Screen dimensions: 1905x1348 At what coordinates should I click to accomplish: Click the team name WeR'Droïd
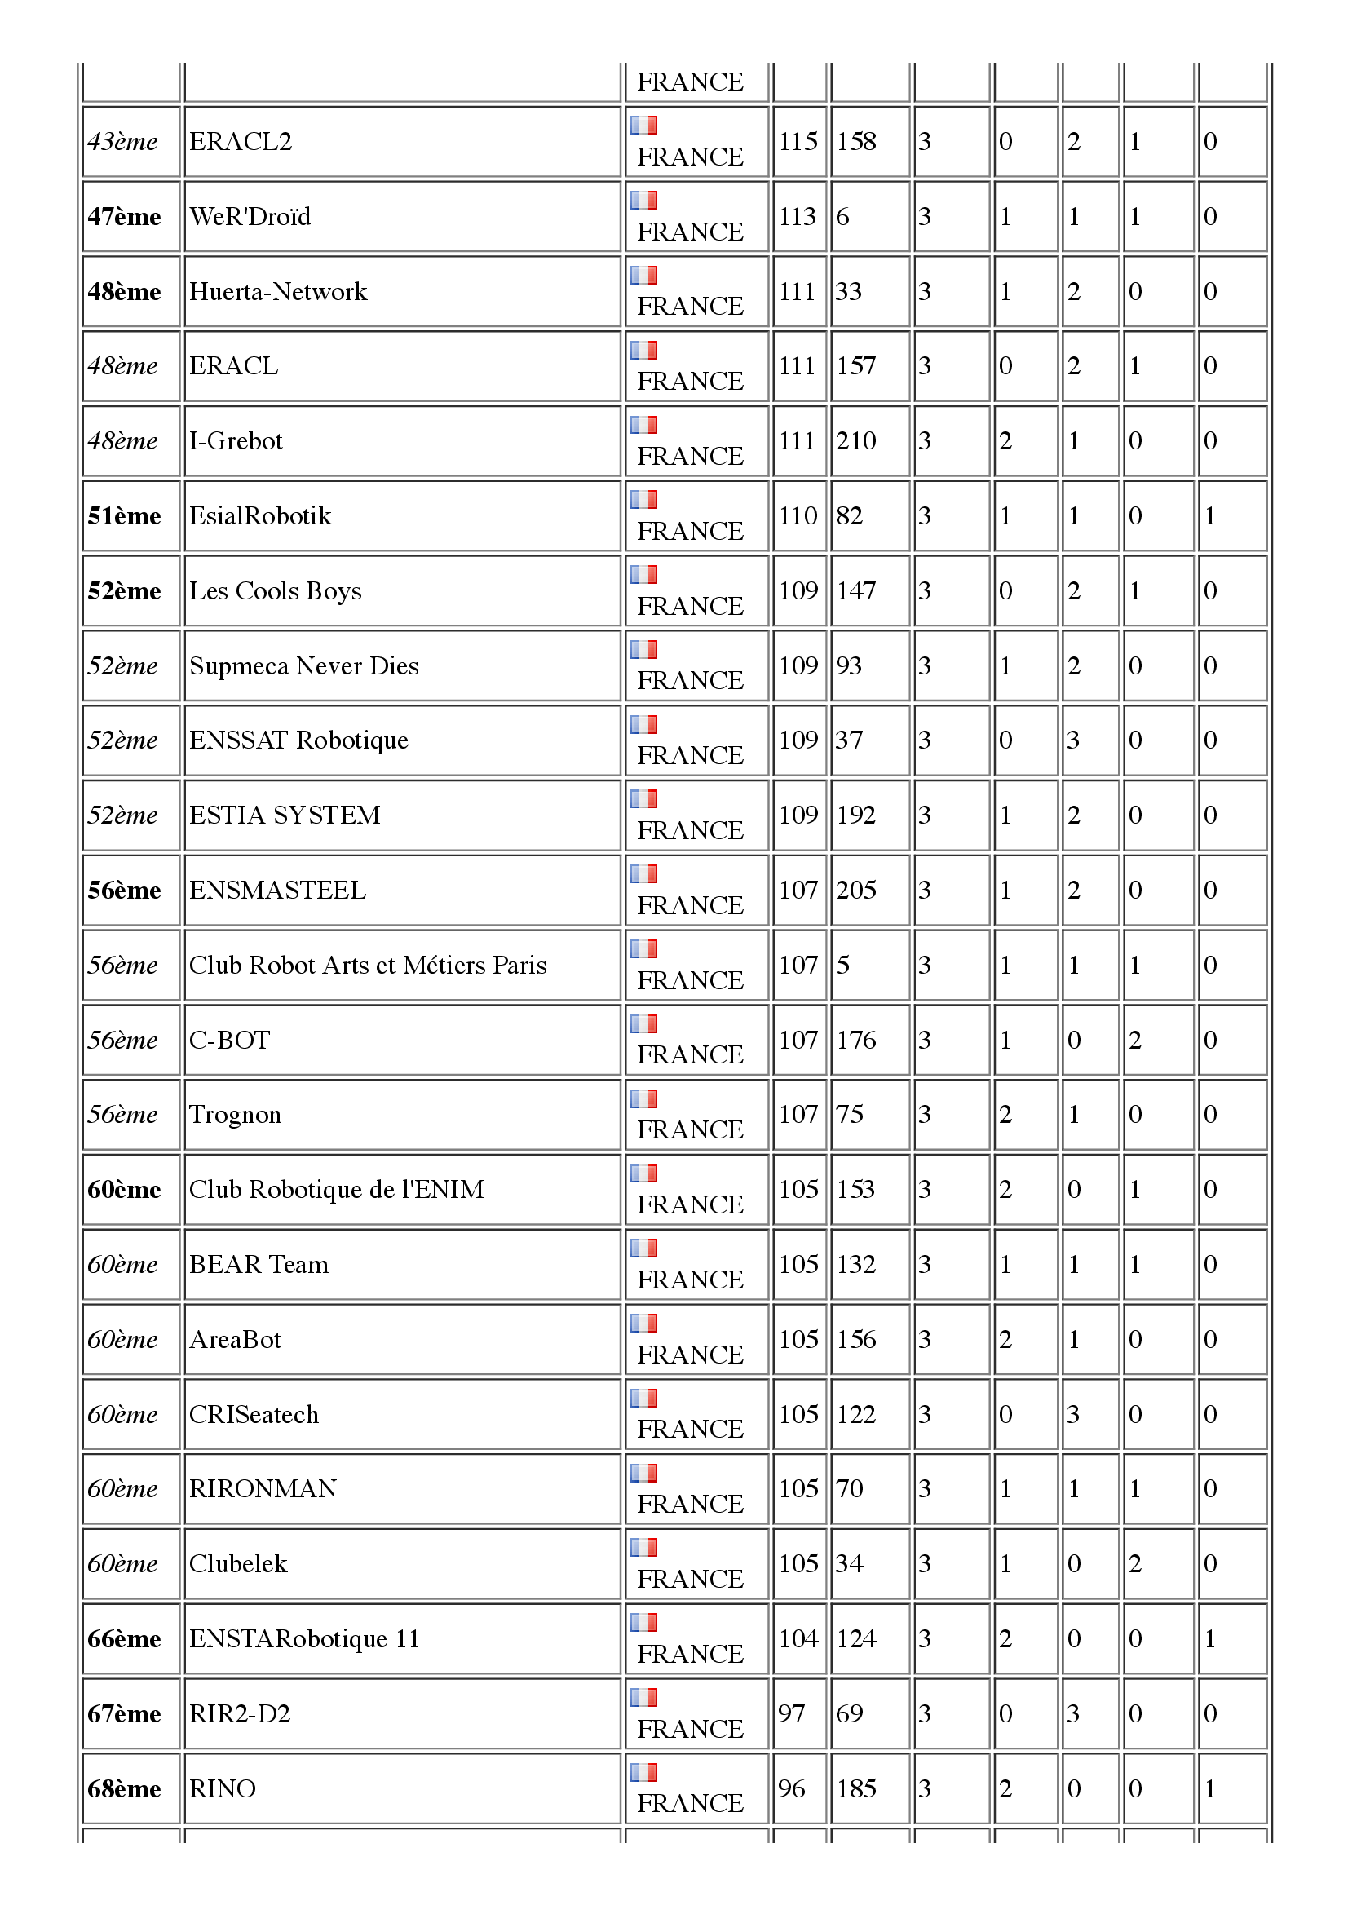tap(250, 217)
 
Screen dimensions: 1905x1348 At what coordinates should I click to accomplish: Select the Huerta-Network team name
tap(278, 291)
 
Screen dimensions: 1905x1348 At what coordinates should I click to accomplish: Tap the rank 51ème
tap(124, 516)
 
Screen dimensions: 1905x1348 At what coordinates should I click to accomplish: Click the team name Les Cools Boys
tap(276, 591)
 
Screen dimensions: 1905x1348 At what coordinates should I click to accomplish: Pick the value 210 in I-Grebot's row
tap(855, 440)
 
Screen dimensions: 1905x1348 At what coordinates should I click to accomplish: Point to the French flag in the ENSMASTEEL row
tap(643, 873)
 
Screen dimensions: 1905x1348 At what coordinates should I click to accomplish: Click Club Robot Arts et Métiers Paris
tap(368, 966)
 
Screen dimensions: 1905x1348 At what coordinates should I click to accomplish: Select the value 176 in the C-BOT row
tap(855, 1040)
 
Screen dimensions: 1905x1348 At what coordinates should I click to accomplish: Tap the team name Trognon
tap(235, 1115)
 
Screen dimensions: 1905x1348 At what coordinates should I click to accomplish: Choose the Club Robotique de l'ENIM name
tap(336, 1190)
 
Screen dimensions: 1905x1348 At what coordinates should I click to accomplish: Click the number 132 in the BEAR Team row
tap(855, 1264)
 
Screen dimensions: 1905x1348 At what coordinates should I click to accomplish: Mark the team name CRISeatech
tap(254, 1414)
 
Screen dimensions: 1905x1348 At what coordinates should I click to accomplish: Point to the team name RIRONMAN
tap(263, 1489)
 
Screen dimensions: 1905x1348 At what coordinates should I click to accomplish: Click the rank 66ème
tap(124, 1639)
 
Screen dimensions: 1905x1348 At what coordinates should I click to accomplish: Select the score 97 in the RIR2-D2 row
tap(792, 1714)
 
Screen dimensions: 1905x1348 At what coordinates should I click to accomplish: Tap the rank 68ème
tap(124, 1788)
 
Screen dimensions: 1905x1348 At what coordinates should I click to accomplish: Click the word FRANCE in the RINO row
tap(690, 1804)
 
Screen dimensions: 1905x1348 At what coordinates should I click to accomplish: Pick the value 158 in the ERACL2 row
tap(855, 142)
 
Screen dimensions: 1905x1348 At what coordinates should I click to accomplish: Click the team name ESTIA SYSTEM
tap(285, 815)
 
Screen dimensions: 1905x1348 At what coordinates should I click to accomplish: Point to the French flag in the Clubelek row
tap(643, 1547)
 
